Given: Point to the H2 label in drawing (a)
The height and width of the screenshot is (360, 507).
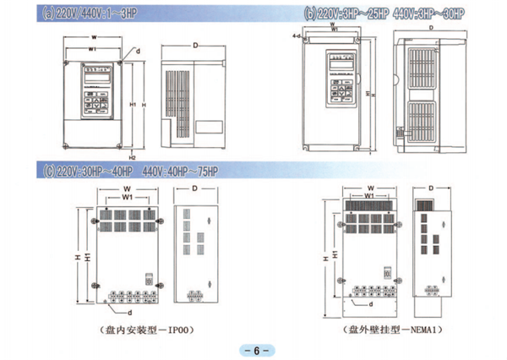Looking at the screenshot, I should (133, 157).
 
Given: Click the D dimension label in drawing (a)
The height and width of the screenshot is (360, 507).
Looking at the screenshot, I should (194, 44).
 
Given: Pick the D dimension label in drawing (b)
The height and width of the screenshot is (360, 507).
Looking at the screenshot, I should (431, 28).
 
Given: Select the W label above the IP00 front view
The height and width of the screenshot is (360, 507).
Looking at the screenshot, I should (126, 188).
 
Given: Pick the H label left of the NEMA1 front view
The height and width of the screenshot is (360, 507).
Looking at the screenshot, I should (326, 254).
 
